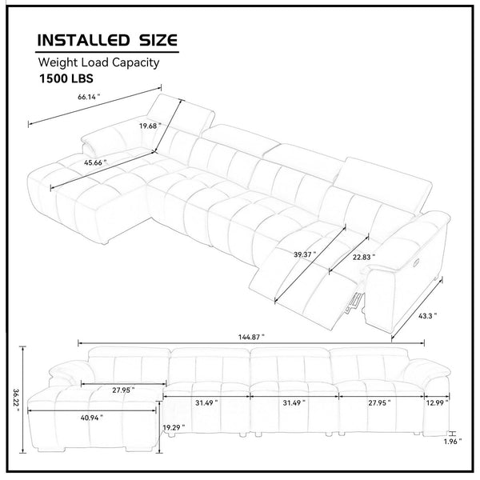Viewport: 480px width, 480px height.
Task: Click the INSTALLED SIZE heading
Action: pyautogui.click(x=107, y=41)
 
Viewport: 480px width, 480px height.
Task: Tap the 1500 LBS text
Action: pyautogui.click(x=66, y=78)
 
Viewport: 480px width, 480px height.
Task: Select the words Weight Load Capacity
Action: pyautogui.click(x=98, y=62)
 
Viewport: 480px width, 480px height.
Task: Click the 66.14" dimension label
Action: pyautogui.click(x=89, y=97)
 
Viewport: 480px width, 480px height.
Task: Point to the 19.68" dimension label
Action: pyautogui.click(x=150, y=126)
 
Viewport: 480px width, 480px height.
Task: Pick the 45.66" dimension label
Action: pyautogui.click(x=95, y=162)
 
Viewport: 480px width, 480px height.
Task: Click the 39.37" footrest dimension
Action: pyautogui.click(x=305, y=254)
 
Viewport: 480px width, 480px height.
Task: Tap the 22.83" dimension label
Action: pyautogui.click(x=364, y=257)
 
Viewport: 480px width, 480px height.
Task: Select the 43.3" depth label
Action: pyautogui.click(x=428, y=316)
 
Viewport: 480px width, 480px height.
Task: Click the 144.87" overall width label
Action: pyautogui.click(x=251, y=338)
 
